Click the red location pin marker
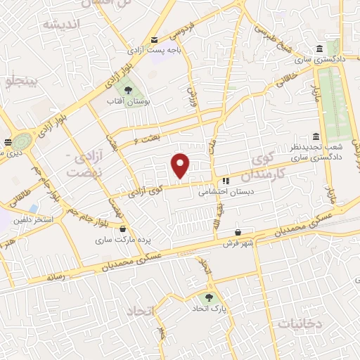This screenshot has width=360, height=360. point(181,165)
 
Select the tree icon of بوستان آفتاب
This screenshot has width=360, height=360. point(128,90)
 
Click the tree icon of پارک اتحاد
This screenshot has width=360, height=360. point(209,297)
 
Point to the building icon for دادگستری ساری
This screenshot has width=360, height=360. point(320,49)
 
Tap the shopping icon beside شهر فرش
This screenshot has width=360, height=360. point(238,232)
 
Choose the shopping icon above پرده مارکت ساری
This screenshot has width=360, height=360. point(124,229)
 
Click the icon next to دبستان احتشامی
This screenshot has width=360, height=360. point(226,181)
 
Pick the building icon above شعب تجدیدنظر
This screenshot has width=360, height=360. point(316,136)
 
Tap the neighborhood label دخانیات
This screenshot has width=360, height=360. point(300,323)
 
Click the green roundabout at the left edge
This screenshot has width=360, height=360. point(19,140)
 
